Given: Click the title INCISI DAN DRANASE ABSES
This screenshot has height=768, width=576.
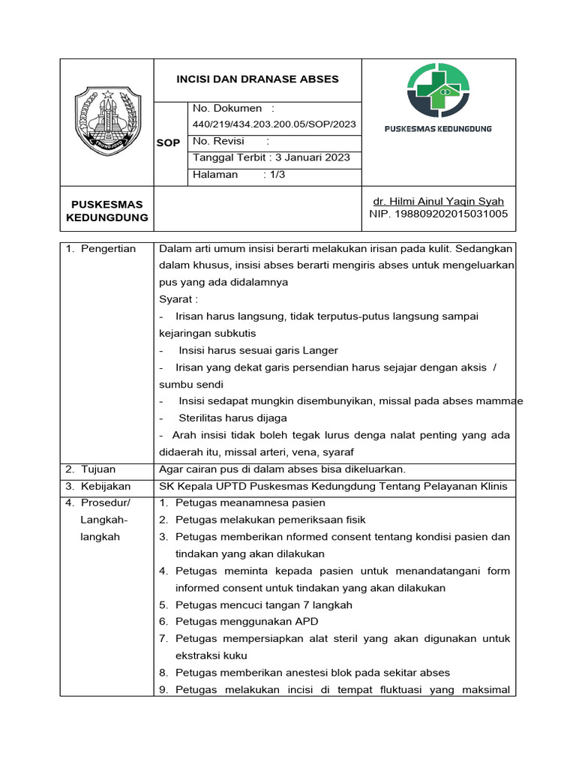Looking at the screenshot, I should click(x=257, y=79).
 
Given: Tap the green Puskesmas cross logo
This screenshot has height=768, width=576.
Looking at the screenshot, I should click(x=438, y=90).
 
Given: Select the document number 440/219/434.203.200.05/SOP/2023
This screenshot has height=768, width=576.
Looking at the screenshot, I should click(x=274, y=124).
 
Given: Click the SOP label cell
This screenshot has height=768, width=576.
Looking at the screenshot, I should click(x=168, y=142).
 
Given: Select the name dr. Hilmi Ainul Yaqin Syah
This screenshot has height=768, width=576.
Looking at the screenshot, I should click(x=438, y=201).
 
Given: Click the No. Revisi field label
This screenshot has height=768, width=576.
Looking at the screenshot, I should click(x=219, y=141).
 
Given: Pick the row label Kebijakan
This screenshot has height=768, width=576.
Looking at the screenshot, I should click(x=106, y=486).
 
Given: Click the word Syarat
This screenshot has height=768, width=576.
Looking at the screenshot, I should click(x=175, y=299).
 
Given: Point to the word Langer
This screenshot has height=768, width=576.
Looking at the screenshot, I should click(x=320, y=350).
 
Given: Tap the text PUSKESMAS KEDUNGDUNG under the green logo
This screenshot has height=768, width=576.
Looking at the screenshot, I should click(x=438, y=129).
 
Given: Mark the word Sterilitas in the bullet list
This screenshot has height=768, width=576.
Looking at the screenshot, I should click(x=203, y=418).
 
